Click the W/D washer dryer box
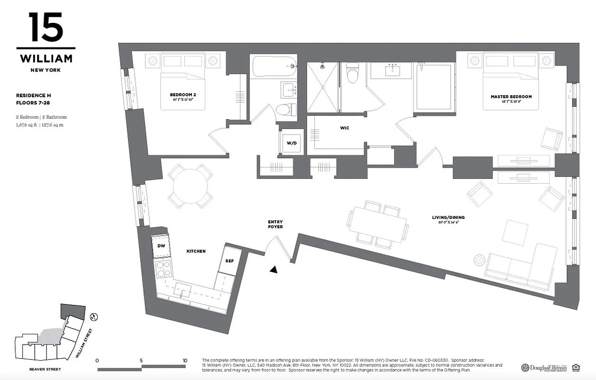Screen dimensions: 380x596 tap(291, 142)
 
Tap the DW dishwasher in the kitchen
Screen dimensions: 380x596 tap(161, 246)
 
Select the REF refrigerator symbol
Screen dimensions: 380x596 tap(229, 261)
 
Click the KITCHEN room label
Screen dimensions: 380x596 tap(196, 251)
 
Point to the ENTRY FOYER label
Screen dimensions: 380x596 tap(275, 224)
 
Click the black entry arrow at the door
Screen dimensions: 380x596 tap(274, 270)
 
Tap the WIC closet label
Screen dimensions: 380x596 tap(344, 128)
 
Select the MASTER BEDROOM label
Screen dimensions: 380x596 tap(511, 96)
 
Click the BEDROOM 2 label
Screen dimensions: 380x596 tap(183, 95)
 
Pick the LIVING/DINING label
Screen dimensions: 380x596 tap(448, 218)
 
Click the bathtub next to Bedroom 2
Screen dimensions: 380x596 tap(274, 66)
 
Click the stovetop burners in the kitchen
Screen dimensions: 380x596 tap(163, 269)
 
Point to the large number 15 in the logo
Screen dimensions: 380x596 tap(46, 28)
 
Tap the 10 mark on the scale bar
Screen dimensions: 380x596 tap(184, 360)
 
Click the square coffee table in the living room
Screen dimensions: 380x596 tap(515, 232)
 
